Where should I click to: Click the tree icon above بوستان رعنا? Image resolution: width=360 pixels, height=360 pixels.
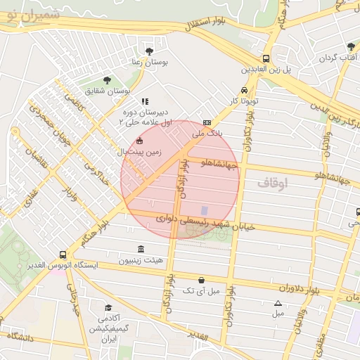[149, 51]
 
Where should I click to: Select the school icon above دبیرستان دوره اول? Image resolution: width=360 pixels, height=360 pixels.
[145, 101]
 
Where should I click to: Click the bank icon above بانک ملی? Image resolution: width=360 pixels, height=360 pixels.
[207, 122]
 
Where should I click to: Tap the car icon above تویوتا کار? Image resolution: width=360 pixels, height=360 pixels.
[243, 90]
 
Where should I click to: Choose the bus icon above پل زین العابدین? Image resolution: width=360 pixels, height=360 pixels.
[266, 59]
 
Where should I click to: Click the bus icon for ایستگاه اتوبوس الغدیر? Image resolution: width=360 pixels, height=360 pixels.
[63, 255]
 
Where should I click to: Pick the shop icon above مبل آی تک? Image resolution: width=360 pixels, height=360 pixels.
[202, 279]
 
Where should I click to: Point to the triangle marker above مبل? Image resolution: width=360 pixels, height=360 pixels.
[278, 303]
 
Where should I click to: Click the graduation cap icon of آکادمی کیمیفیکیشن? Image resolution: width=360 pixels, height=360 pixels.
[108, 307]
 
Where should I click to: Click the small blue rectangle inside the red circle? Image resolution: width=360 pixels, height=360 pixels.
[205, 210]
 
